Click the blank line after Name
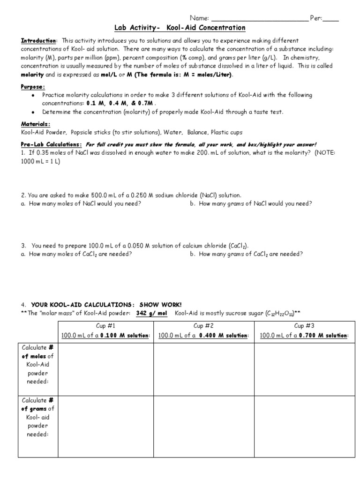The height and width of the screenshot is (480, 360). click(260, 19)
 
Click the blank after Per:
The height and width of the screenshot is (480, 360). click(331, 19)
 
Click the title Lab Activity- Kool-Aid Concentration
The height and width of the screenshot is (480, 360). click(180, 28)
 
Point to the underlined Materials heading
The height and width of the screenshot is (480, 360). click(36, 124)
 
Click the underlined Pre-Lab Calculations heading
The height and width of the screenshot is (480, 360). click(52, 144)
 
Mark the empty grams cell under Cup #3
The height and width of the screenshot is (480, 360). click(304, 427)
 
